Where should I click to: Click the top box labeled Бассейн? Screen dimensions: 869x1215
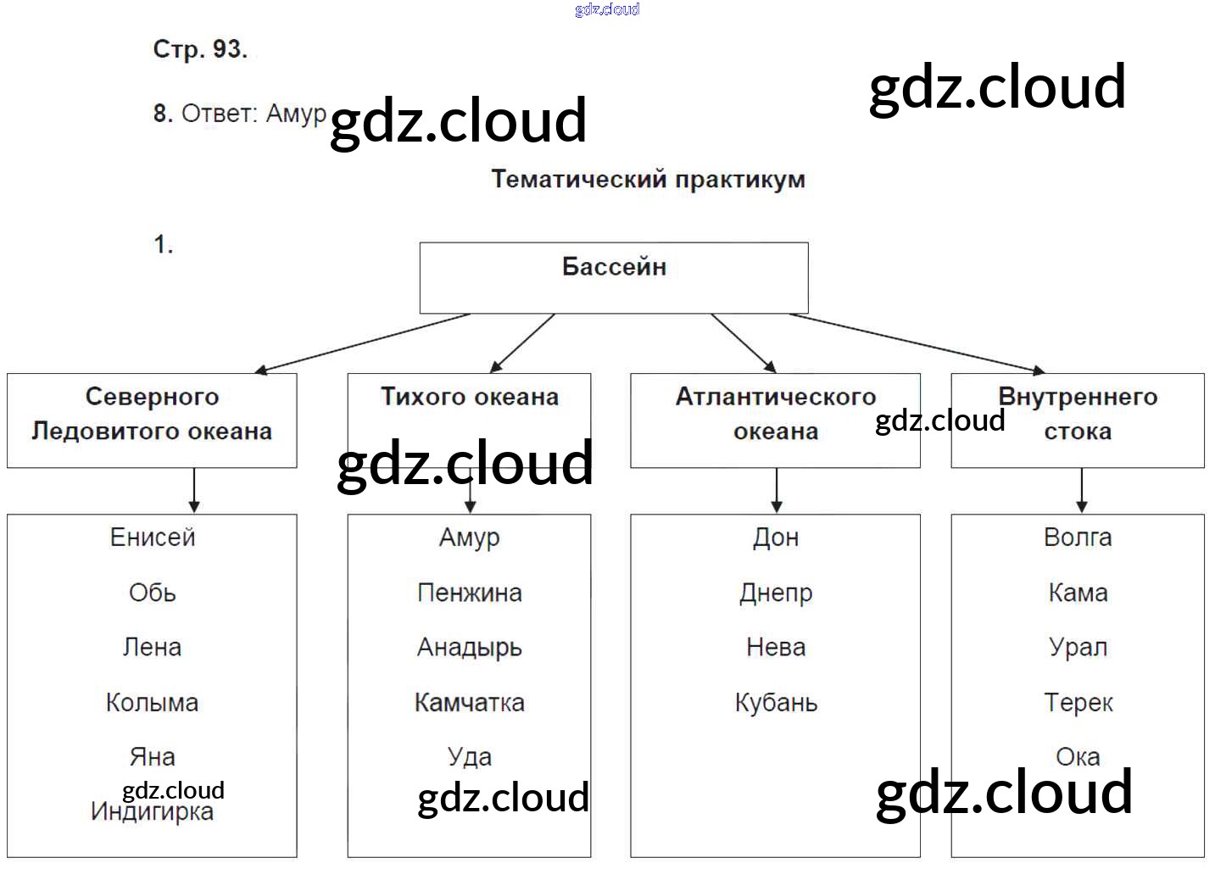tap(614, 277)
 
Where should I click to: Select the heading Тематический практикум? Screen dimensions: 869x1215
tap(648, 180)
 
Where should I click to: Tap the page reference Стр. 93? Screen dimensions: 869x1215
tap(200, 49)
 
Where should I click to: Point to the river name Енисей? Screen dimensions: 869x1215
tap(153, 538)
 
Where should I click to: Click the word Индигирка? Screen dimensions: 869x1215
tap(153, 812)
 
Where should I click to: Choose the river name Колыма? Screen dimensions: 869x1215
tap(153, 703)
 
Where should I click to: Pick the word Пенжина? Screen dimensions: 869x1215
tap(470, 593)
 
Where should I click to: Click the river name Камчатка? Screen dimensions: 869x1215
tap(470, 703)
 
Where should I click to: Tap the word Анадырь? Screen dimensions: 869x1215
tap(470, 648)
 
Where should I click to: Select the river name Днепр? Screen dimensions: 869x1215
tap(776, 593)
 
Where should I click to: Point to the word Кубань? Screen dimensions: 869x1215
tap(776, 703)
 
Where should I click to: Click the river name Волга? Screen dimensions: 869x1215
tap(1078, 538)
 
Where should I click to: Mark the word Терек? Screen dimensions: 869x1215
tap(1078, 703)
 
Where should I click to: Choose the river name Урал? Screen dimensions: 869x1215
tap(1078, 648)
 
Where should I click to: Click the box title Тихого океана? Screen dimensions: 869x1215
tap(470, 397)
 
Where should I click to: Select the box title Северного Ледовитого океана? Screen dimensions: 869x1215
tap(153, 414)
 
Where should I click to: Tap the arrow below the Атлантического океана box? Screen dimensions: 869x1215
tap(776, 490)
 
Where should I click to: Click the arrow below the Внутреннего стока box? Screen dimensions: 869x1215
tap(1081, 490)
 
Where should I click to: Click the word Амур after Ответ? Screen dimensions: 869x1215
tap(296, 113)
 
